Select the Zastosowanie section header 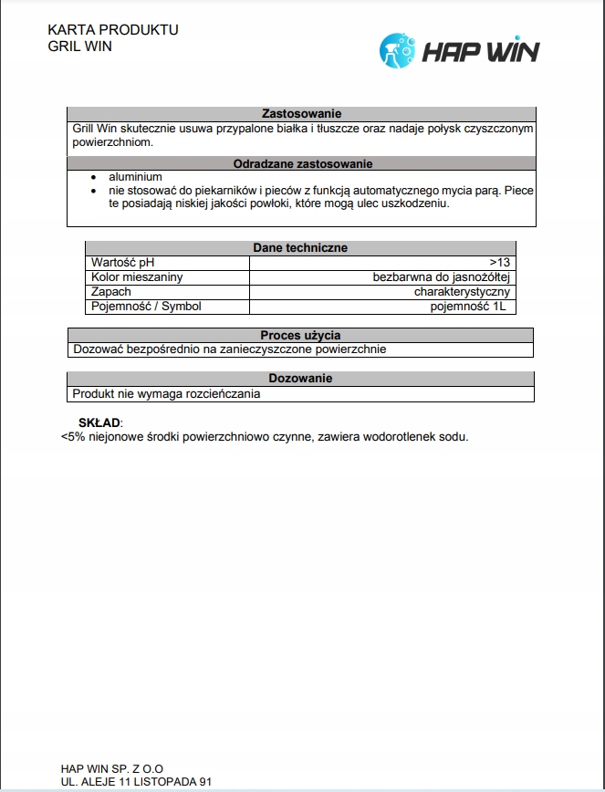point(301,114)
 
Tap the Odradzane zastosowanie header point(301,164)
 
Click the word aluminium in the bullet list point(135,177)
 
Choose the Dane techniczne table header point(299,248)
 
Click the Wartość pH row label point(123,263)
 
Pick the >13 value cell point(499,263)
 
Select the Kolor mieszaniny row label point(137,277)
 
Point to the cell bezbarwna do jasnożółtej point(440,277)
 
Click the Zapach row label point(111,292)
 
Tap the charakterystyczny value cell point(461,292)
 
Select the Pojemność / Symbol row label point(146,307)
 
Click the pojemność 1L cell point(467,307)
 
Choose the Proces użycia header point(300,336)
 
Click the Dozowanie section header point(300,379)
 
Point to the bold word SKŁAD point(99,423)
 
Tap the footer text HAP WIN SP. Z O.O point(112,769)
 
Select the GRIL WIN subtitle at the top point(79,46)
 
